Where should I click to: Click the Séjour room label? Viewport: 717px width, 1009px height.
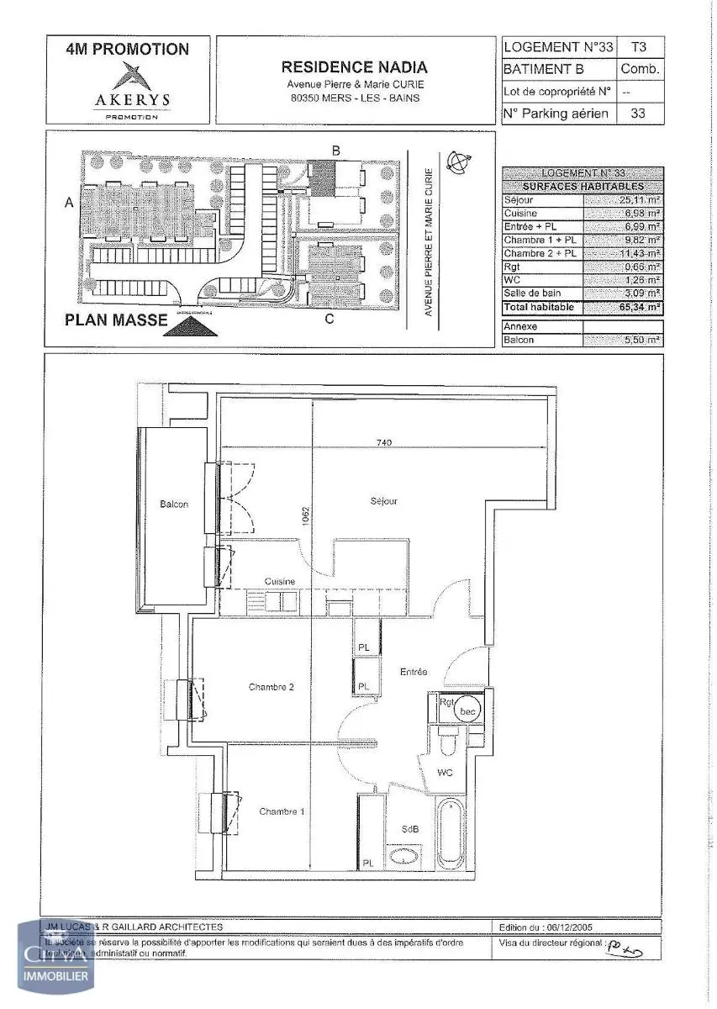coord(383,501)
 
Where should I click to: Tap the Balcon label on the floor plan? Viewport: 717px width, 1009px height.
coord(174,504)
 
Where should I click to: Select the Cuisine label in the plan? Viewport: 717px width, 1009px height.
coord(278,581)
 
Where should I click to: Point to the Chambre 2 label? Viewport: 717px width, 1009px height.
coord(271,687)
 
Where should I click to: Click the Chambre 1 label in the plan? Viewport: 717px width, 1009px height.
coord(282,811)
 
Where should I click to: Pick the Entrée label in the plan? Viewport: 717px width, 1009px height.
coord(413,672)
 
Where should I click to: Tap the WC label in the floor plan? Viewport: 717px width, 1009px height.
coord(445,770)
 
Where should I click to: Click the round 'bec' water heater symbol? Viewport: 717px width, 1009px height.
coord(467,711)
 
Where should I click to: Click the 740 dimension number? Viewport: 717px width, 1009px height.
coord(384,441)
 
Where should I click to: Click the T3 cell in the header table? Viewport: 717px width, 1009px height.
coord(639,48)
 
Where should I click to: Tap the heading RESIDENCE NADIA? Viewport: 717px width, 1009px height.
coord(354,67)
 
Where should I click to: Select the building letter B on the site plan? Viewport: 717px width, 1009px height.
coord(335,151)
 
